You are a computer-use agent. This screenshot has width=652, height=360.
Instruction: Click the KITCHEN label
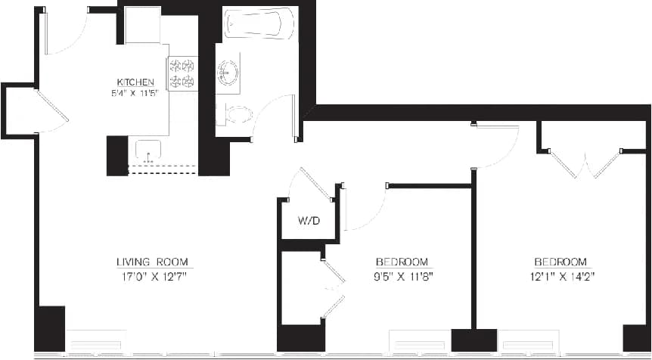click(135, 82)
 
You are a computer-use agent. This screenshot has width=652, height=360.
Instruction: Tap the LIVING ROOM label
click(152, 262)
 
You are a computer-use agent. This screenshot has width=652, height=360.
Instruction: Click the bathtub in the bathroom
click(258, 23)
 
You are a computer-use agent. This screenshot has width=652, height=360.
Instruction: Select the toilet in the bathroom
click(235, 115)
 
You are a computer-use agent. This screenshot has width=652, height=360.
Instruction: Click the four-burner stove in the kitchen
click(182, 74)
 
